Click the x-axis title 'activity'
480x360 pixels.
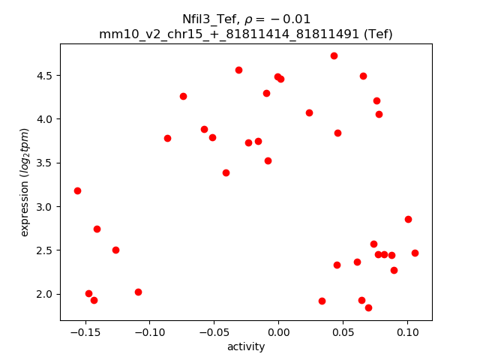pos(246,346)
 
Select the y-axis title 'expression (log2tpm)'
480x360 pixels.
pos(25,182)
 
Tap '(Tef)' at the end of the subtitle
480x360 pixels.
pos(377,34)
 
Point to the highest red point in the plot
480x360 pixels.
pos(334,55)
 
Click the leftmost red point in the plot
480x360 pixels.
pos(77,190)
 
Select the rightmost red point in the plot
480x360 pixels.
pos(415,253)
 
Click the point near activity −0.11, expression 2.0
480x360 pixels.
pos(138,292)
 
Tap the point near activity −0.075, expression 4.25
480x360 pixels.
pos(183,96)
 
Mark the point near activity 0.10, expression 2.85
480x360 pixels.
pos(408,219)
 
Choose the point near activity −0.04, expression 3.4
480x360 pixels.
pos(226,172)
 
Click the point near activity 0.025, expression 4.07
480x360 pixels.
pos(309,112)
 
